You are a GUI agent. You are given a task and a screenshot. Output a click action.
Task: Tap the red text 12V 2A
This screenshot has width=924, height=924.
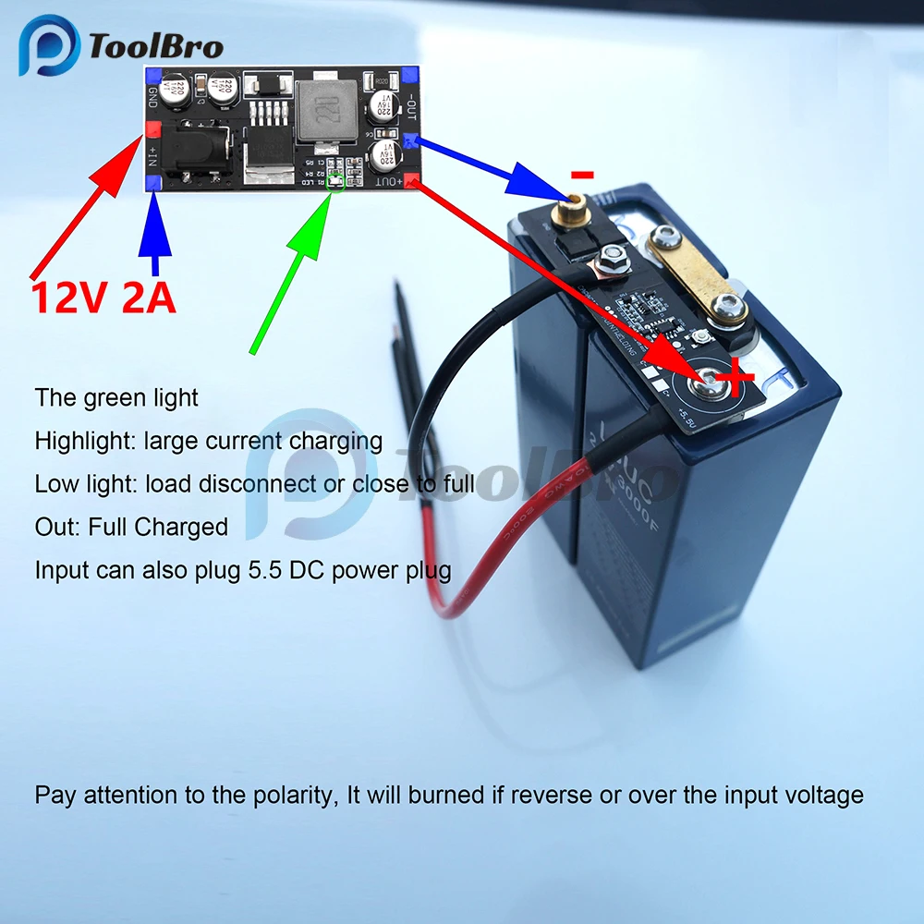click(103, 298)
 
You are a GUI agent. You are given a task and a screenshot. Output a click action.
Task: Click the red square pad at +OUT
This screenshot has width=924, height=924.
click(413, 181)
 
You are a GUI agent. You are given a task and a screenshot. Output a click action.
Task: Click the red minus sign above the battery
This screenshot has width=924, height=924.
click(582, 174)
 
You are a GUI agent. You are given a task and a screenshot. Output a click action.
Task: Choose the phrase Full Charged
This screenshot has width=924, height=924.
click(158, 527)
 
